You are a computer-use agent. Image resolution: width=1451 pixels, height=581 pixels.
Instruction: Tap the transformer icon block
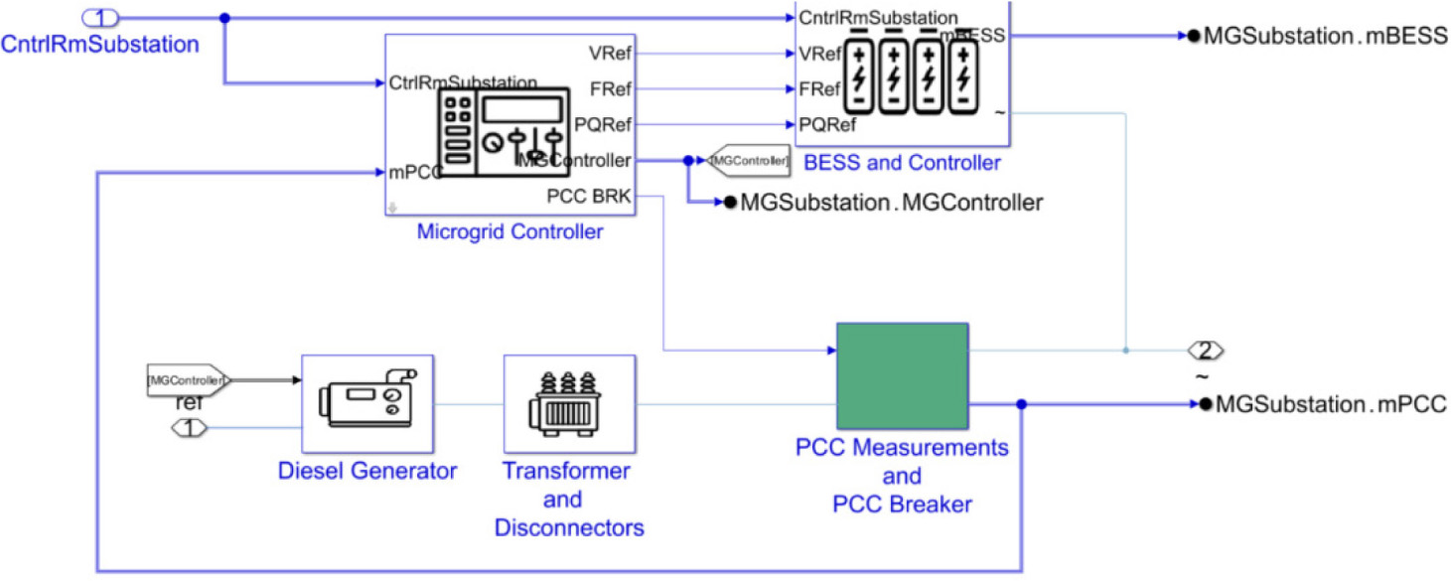pyautogui.click(x=569, y=404)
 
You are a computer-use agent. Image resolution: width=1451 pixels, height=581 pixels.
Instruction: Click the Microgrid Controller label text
pyautogui.click(x=509, y=232)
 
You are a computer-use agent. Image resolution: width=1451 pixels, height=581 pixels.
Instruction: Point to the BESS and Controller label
pyautogui.click(x=902, y=163)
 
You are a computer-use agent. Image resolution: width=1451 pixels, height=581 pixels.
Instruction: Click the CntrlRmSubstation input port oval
pyautogui.click(x=99, y=17)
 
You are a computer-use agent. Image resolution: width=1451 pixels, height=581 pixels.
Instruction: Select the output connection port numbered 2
pyautogui.click(x=1206, y=351)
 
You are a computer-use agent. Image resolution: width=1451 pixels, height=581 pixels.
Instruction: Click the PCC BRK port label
pyautogui.click(x=588, y=196)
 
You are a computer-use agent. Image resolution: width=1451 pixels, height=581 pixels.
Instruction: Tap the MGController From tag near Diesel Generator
pyautogui.click(x=188, y=378)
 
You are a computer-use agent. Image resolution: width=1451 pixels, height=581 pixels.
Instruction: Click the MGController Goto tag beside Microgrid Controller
pyautogui.click(x=749, y=160)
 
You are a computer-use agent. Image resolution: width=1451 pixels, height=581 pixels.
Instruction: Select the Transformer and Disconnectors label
pyautogui.click(x=569, y=499)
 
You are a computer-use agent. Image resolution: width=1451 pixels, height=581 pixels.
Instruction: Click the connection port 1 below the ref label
pyautogui.click(x=192, y=428)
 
